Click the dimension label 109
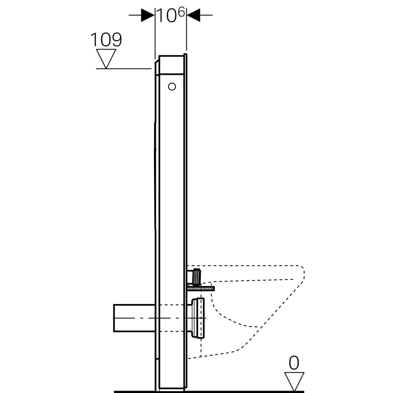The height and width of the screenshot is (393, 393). pyautogui.click(x=106, y=40)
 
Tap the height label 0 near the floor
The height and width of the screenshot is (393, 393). pyautogui.click(x=294, y=363)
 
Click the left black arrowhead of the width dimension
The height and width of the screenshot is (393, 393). pyautogui.click(x=148, y=15)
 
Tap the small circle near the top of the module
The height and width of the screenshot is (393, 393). pyautogui.click(x=172, y=86)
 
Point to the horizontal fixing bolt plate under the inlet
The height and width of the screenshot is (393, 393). pyautogui.click(x=201, y=289)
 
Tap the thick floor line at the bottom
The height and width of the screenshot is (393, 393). pyautogui.click(x=210, y=391)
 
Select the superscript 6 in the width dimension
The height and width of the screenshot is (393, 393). pyautogui.click(x=182, y=12)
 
